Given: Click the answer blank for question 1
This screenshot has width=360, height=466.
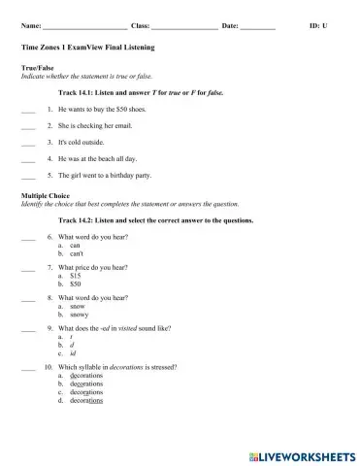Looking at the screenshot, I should (27, 111).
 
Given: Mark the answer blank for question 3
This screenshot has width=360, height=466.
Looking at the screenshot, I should (27, 144).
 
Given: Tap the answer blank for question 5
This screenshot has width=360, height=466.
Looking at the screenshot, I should (27, 177).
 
